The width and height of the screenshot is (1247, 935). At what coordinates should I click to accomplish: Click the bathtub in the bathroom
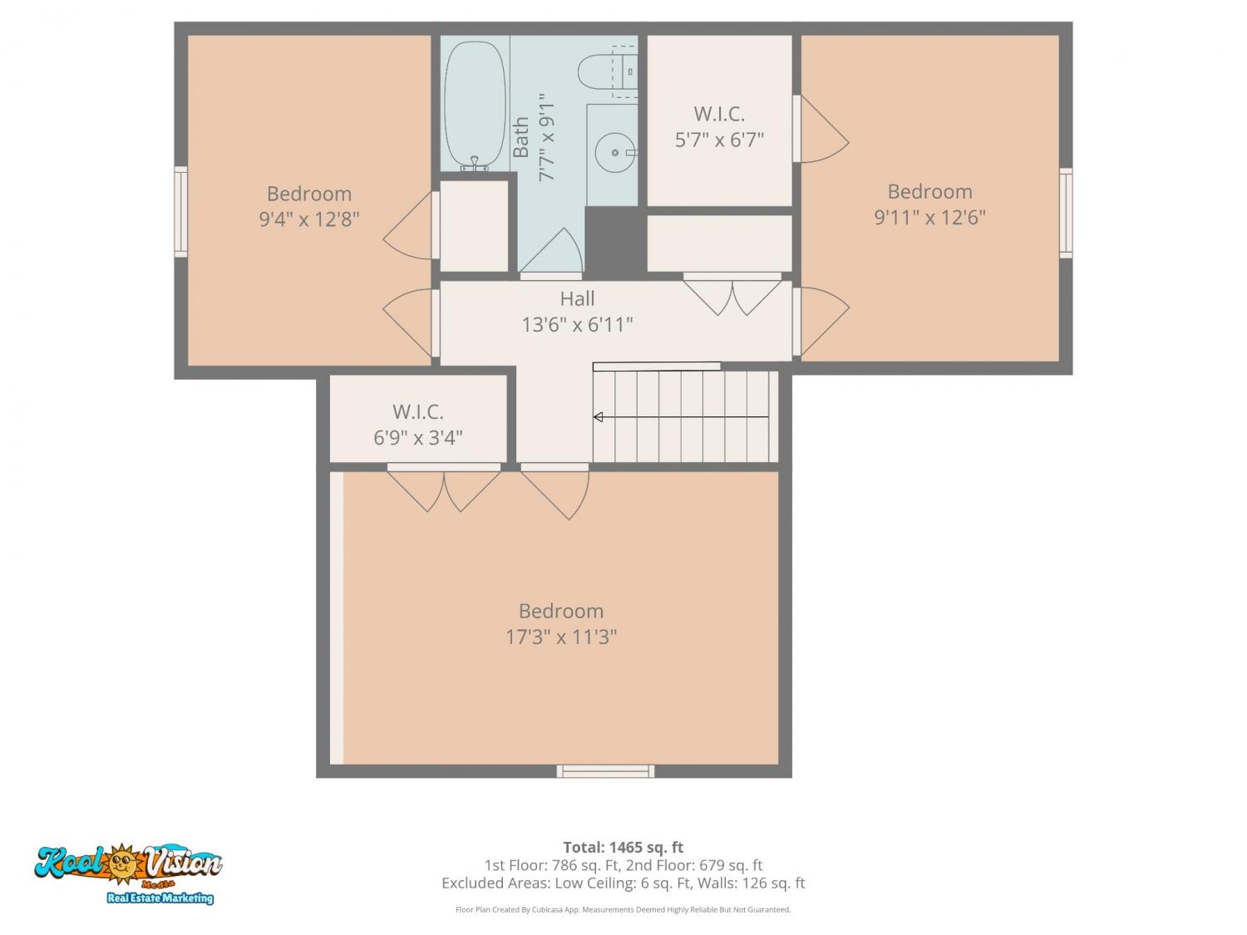click(475, 105)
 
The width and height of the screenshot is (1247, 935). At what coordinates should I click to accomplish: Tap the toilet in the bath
click(607, 71)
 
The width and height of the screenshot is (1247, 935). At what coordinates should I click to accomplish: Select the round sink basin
click(614, 153)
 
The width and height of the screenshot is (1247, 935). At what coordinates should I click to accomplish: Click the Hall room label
click(577, 298)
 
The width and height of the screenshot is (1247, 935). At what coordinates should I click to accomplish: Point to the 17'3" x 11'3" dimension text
click(561, 637)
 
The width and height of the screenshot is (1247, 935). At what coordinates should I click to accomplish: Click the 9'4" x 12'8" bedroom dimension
click(309, 219)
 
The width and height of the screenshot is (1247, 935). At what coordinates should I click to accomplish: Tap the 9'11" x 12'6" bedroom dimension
click(930, 218)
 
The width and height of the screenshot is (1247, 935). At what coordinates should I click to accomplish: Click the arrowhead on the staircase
click(598, 417)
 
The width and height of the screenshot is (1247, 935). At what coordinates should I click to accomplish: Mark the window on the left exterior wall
click(180, 212)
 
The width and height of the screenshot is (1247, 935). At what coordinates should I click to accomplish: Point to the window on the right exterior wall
click(1066, 213)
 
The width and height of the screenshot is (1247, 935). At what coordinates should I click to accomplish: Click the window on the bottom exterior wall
click(605, 771)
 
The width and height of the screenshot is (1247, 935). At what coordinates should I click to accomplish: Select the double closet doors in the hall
click(732, 294)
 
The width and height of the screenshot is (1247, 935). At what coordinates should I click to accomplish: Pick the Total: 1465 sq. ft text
click(623, 848)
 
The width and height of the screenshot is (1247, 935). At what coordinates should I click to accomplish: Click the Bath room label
click(520, 137)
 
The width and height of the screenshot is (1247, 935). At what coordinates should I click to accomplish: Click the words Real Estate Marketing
click(160, 898)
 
